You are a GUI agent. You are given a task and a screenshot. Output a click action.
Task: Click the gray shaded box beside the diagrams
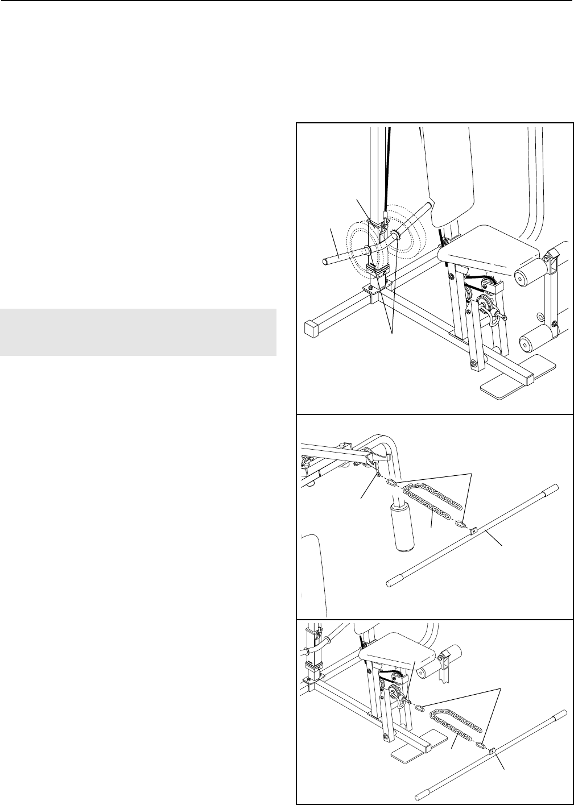(x=138, y=332)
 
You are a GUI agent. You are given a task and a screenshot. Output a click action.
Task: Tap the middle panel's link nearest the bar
(x=464, y=524)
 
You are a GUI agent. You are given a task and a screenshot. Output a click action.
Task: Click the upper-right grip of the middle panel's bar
(x=552, y=488)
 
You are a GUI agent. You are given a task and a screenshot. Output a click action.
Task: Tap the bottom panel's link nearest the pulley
(x=420, y=708)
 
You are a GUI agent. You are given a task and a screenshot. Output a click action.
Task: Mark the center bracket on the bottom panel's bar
(x=493, y=750)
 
